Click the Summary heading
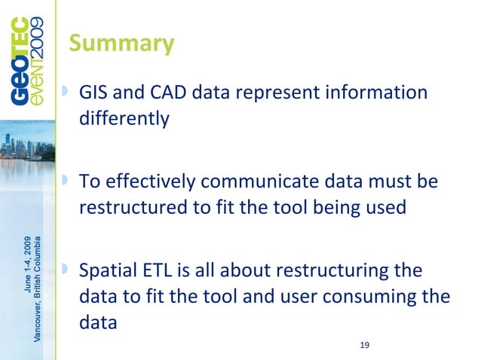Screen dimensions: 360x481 121,44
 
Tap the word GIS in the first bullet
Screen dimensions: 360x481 95,93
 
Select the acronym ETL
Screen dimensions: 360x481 158,270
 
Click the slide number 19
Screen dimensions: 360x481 365,345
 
